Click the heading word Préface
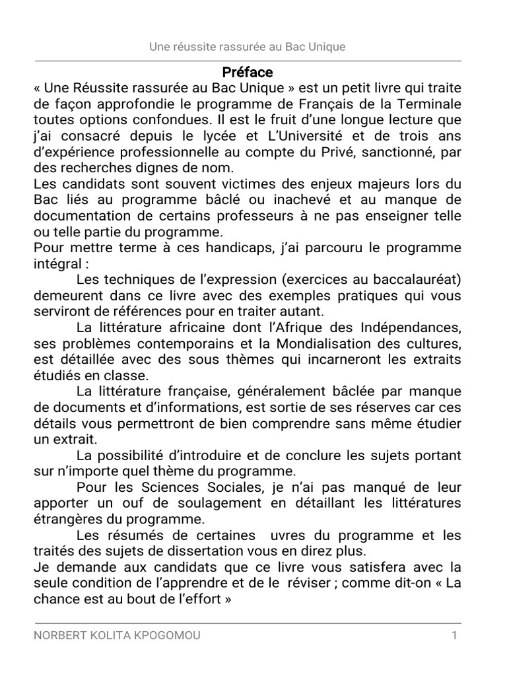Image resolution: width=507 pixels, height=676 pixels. point(247,72)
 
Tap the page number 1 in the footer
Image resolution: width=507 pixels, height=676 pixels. point(454,636)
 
